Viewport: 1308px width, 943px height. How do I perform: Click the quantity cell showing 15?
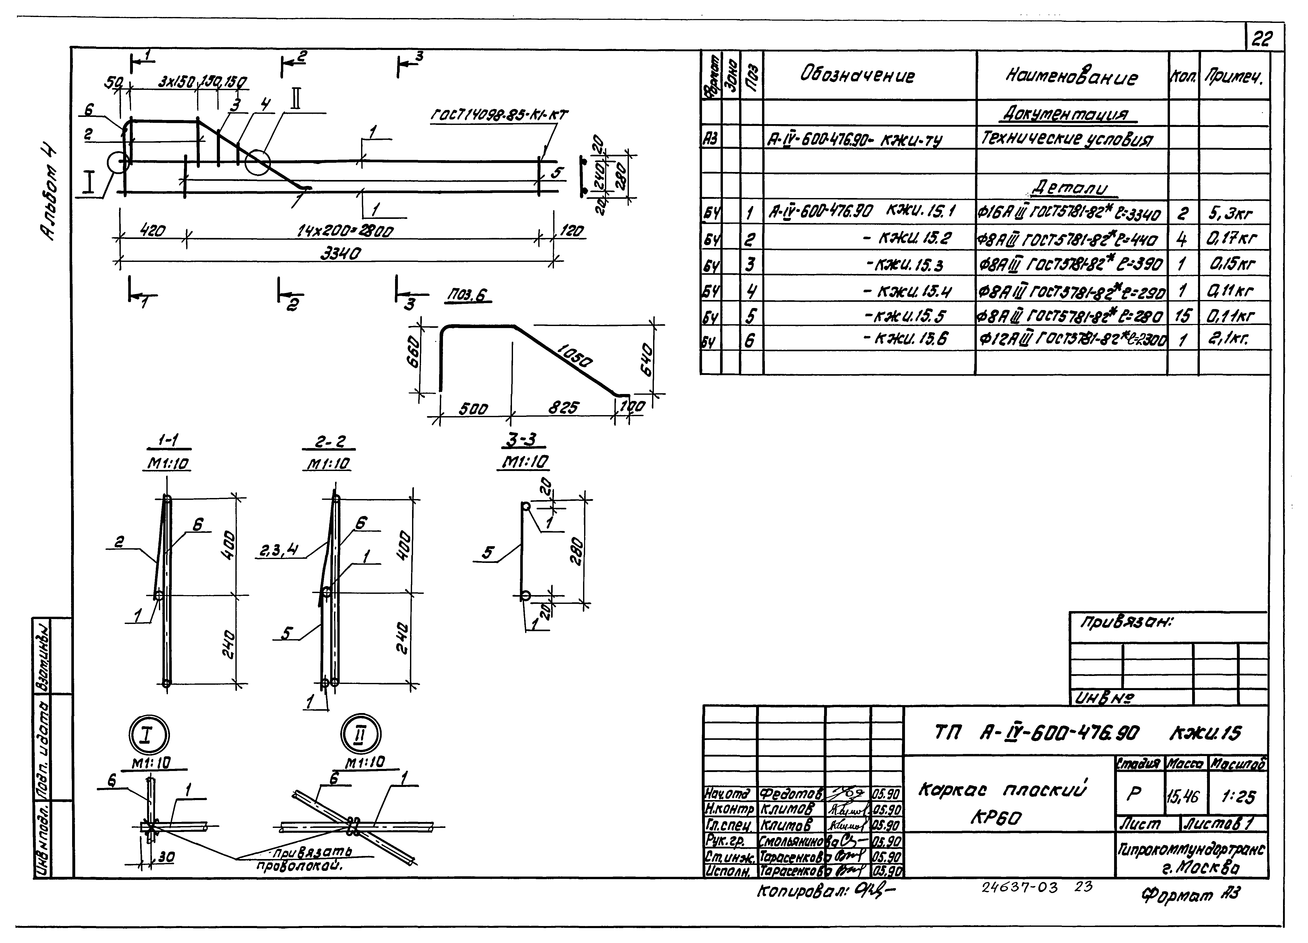pos(1182,315)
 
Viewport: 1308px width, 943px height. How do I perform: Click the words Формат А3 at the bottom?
pos(1191,895)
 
